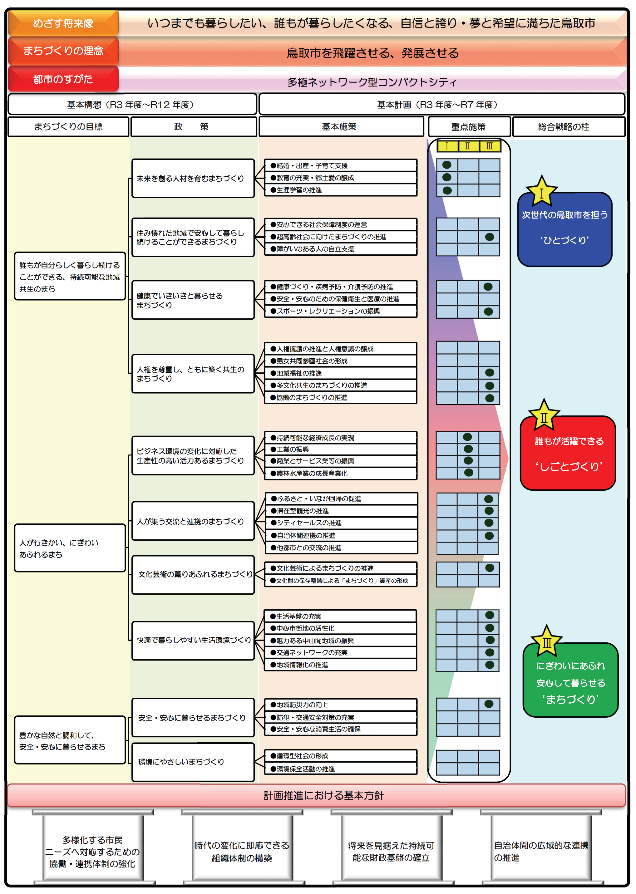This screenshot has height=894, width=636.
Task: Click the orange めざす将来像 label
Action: [63, 23]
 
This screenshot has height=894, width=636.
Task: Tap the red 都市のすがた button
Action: [63, 79]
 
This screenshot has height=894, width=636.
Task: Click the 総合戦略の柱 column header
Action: [564, 127]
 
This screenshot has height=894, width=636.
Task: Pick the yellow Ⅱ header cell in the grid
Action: [468, 146]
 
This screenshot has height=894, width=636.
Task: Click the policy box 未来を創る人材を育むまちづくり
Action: [193, 179]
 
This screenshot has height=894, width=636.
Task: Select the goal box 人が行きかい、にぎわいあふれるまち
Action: [70, 548]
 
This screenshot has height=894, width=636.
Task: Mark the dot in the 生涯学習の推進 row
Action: [447, 190]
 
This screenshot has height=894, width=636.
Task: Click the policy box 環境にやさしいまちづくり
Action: [193, 762]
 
